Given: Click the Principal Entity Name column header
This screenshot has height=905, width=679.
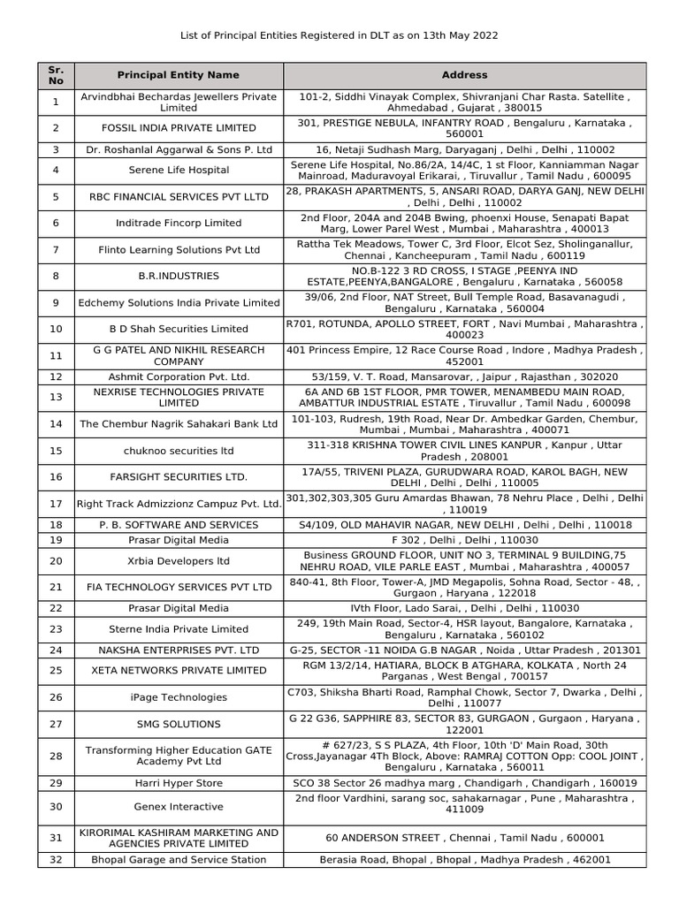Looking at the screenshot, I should coord(178,75).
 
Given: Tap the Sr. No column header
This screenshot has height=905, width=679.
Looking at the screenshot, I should coord(56,75).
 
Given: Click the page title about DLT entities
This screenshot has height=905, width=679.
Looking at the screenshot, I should coord(339,35).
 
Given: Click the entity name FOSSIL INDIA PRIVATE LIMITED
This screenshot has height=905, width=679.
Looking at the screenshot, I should coord(178,128).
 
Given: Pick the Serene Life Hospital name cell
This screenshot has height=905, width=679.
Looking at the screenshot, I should coord(178,170).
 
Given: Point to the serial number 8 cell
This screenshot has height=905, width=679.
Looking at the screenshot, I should coord(56,276).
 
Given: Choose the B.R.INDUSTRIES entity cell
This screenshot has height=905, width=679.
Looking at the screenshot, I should coord(178,276).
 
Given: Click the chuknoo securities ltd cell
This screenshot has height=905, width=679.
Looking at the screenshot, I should coord(178,451).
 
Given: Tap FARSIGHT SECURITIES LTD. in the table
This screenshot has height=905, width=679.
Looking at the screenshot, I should coord(178,477).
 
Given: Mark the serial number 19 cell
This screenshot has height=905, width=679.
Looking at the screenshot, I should coord(56,539).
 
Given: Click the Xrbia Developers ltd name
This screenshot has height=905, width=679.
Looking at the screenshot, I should coord(178,560).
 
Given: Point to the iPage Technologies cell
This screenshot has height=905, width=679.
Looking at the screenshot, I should coord(178,697).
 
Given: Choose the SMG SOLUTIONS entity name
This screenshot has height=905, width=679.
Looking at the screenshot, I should coord(178,724).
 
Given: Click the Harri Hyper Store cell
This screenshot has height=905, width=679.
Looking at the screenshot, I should coord(178,783).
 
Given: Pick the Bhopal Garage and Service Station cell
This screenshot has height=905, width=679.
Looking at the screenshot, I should coord(178,859).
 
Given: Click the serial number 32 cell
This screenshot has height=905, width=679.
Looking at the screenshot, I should coord(56,859).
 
